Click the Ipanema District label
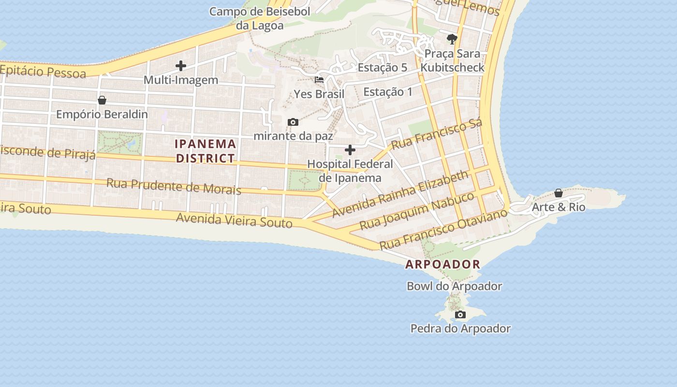pyautogui.click(x=206, y=151)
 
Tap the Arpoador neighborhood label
pyautogui.click(x=442, y=264)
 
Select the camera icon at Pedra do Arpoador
pyautogui.click(x=460, y=315)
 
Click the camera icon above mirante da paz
pyautogui.click(x=293, y=122)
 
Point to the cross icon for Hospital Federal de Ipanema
pyautogui.click(x=350, y=150)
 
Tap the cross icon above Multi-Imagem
pyautogui.click(x=181, y=65)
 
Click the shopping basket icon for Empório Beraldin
pyautogui.click(x=102, y=100)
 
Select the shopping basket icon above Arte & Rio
pyautogui.click(x=559, y=193)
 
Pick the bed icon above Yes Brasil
pyautogui.click(x=319, y=80)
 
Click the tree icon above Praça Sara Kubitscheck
pyautogui.click(x=452, y=39)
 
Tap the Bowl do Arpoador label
pyautogui.click(x=454, y=286)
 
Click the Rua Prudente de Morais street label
pyautogui.click(x=174, y=186)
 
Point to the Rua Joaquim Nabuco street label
pyautogui.click(x=417, y=211)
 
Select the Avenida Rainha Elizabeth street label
pyautogui.click(x=400, y=193)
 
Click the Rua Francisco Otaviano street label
pyautogui.click(x=443, y=229)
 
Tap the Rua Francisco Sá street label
pyautogui.click(x=437, y=134)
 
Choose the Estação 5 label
pyautogui.click(x=382, y=68)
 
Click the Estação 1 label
pyautogui.click(x=388, y=91)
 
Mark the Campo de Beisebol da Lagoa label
pyautogui.click(x=260, y=18)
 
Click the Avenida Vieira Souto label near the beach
pyautogui.click(x=234, y=220)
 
